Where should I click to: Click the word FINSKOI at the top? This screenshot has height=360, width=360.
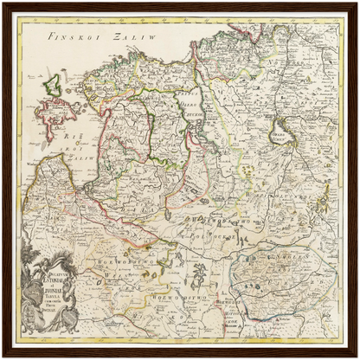tap(67, 38)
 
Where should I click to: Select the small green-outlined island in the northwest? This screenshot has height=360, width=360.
tap(52, 85)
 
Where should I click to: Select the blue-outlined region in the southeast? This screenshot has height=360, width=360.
tap(277, 277)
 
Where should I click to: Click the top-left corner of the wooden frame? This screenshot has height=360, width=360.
tap(3, 3)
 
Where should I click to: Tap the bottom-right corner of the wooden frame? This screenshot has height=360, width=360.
tap(357, 357)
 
